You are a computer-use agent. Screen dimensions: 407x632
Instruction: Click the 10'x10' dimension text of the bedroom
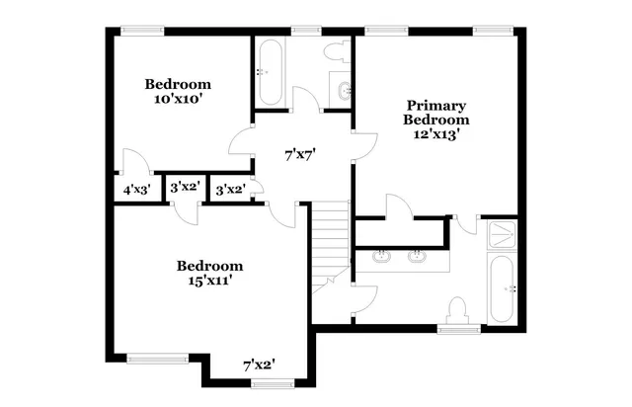pos(179,99)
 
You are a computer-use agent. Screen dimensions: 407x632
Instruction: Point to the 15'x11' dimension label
pos(209,281)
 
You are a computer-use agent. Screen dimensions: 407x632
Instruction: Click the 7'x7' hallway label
pos(299,154)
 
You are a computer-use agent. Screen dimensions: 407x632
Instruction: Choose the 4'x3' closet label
pos(136,189)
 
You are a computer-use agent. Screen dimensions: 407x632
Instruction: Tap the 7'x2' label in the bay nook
pos(259,365)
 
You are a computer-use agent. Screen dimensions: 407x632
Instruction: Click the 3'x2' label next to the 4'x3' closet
pos(185,187)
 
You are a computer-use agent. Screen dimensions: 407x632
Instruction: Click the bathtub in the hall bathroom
pos(270,71)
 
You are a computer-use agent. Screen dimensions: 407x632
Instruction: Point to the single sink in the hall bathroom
pos(343,91)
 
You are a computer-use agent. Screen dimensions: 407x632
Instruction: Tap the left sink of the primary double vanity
pos(382,259)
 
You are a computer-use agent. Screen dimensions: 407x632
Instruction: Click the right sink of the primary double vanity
pos(417,259)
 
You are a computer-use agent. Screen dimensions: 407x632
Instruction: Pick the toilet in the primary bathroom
pos(457,311)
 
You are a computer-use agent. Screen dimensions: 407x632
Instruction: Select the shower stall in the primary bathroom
pos(502,236)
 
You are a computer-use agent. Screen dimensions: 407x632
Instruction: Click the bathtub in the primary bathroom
pos(503,288)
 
